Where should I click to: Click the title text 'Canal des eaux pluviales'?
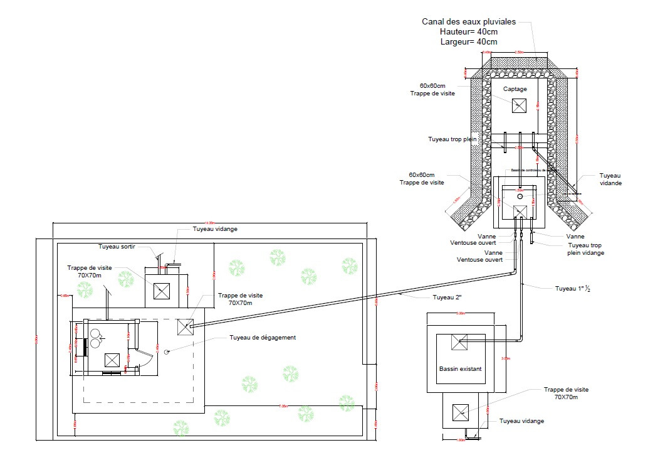(469, 21)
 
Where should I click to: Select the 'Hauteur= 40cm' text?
(469, 31)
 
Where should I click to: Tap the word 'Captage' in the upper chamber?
(515, 89)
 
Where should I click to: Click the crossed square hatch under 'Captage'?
(519, 106)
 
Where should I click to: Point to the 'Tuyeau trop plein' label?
(452, 139)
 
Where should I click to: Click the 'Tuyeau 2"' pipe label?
(446, 296)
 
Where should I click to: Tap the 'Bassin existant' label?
(460, 369)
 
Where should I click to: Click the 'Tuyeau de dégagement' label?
(263, 338)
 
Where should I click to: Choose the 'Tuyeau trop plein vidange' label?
(586, 249)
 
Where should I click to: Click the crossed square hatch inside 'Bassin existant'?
(460, 342)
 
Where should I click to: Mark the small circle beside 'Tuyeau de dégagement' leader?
(167, 352)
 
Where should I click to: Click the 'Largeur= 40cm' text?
(469, 42)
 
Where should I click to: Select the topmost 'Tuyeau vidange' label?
(215, 229)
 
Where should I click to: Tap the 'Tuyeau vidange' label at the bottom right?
(521, 421)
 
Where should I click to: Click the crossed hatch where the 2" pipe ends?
(184, 326)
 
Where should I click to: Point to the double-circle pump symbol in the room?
(96, 338)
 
